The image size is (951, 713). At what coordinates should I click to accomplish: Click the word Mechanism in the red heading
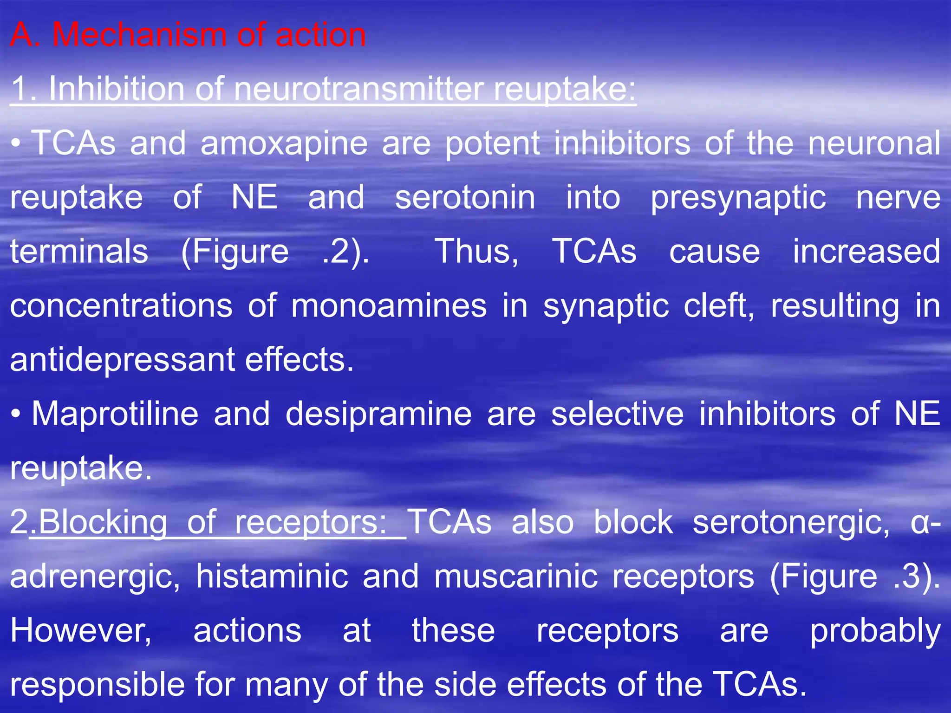(x=139, y=35)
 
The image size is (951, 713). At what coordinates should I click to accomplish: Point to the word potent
(x=492, y=143)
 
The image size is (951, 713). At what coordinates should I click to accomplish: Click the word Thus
(x=476, y=252)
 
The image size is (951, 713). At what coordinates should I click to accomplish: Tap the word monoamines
(x=389, y=306)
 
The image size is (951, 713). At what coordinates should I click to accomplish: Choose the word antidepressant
(x=122, y=360)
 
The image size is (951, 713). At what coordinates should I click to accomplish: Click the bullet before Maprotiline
(x=16, y=414)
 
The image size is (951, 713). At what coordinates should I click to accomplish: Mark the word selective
(x=617, y=414)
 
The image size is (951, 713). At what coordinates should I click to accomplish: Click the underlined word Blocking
(x=103, y=522)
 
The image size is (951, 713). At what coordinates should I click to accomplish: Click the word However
(x=81, y=631)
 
